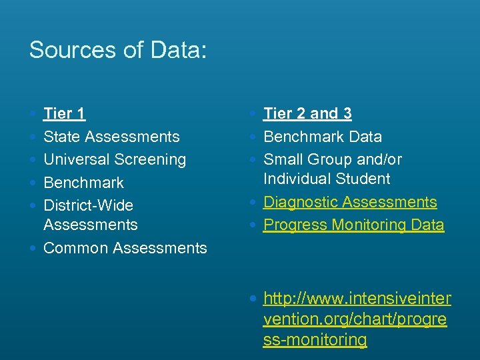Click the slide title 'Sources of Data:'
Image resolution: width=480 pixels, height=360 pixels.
pyautogui.click(x=118, y=50)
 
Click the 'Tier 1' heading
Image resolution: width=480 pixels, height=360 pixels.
pyautogui.click(x=64, y=114)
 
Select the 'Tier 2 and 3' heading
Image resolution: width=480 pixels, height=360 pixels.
pyautogui.click(x=307, y=114)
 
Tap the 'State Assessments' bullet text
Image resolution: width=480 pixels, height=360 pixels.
pyautogui.click(x=111, y=137)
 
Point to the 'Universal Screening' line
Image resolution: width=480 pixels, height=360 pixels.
pyautogui.click(x=115, y=159)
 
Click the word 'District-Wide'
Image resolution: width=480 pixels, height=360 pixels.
pyautogui.click(x=88, y=205)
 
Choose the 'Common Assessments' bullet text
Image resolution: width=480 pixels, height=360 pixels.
pyautogui.click(x=125, y=248)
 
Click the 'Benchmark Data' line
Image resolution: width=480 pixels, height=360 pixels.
pyautogui.click(x=323, y=137)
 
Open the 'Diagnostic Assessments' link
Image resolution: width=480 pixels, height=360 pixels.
pyautogui.click(x=350, y=202)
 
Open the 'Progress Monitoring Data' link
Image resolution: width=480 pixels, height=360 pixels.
pyautogui.click(x=353, y=225)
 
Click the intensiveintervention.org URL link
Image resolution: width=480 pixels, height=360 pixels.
pyautogui.click(x=357, y=318)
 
